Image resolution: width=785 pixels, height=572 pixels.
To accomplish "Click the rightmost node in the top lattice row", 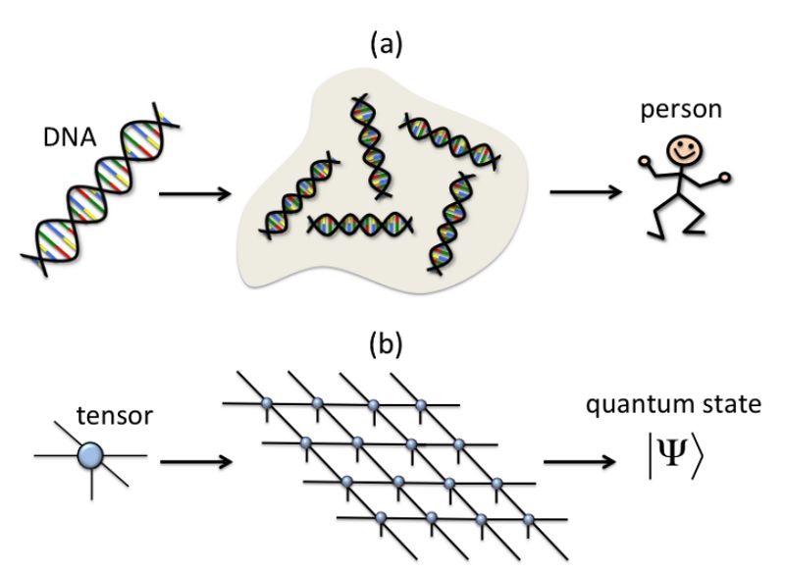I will tap(421, 404).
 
